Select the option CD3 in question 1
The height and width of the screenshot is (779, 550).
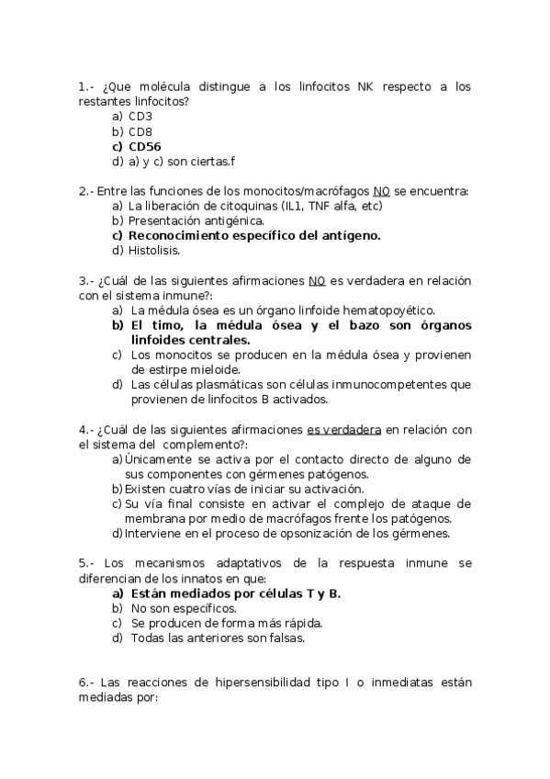pos(140,117)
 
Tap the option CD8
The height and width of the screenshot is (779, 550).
pos(140,132)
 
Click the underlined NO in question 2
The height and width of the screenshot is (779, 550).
pos(383,191)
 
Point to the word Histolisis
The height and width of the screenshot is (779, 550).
pos(154,250)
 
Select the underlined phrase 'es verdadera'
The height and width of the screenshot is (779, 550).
pos(344,430)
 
